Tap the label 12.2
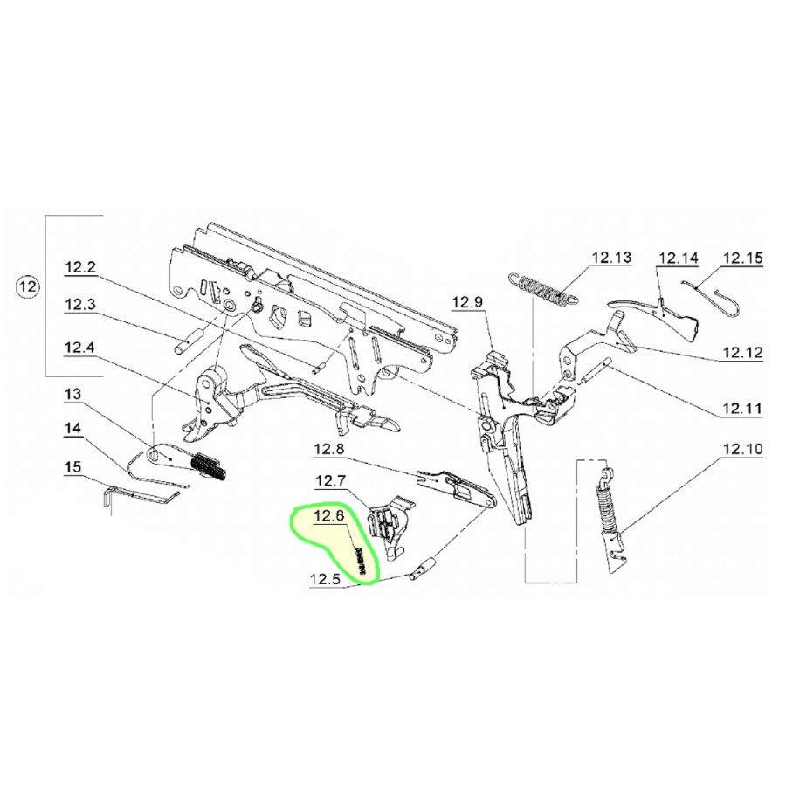80,267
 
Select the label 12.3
80,304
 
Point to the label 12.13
611,258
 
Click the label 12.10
742,449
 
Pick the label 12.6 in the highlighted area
329,515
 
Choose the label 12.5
326,580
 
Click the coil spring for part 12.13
541,289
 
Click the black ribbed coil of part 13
210,466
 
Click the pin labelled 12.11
596,370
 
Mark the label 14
72,429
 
